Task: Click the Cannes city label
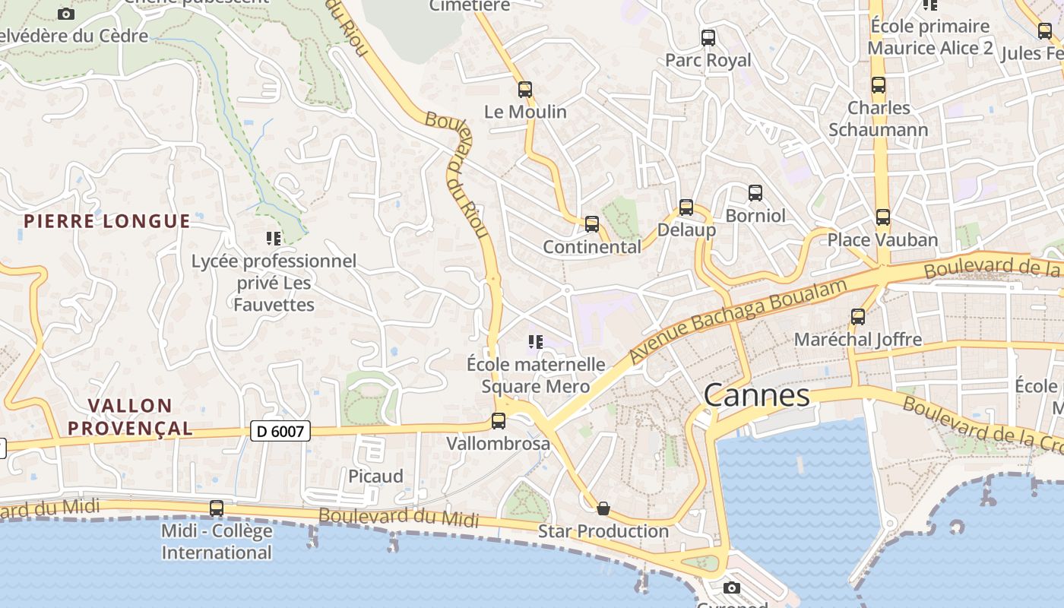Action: [x=756, y=395]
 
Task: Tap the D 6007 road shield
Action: [x=280, y=432]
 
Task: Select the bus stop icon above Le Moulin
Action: [x=525, y=89]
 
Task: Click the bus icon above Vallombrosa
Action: [x=499, y=420]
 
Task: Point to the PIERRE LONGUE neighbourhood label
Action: [x=106, y=221]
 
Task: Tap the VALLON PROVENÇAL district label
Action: [x=130, y=416]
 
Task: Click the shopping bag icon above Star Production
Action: [x=603, y=508]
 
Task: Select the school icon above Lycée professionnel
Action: [x=274, y=239]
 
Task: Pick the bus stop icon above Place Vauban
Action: [x=882, y=217]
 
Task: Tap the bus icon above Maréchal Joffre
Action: [x=858, y=317]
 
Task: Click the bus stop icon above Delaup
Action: [x=686, y=207]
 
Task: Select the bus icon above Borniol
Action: [x=755, y=193]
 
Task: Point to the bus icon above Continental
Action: [x=592, y=224]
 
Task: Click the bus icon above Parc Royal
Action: [x=708, y=37]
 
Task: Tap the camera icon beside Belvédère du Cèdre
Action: [x=66, y=14]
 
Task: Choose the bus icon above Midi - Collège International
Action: [x=217, y=508]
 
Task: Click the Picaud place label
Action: [x=375, y=477]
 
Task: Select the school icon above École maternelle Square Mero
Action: [x=536, y=342]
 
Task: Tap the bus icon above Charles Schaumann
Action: [x=879, y=85]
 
